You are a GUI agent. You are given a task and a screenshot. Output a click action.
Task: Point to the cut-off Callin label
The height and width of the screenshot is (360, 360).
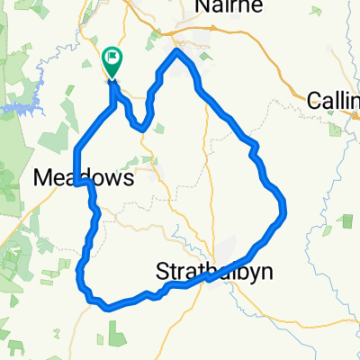[x=334, y=101]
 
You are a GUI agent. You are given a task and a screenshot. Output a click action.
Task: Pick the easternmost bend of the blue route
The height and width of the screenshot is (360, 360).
[x=284, y=210]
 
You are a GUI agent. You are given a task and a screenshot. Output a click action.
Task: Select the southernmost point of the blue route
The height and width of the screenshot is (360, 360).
[x=108, y=307]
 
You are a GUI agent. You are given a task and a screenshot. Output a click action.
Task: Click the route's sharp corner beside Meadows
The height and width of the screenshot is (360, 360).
[x=79, y=183]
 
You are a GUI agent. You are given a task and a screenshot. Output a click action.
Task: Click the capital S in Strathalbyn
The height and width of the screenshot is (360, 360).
[x=163, y=270]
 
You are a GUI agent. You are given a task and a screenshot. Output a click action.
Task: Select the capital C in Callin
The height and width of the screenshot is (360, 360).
[x=314, y=101]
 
